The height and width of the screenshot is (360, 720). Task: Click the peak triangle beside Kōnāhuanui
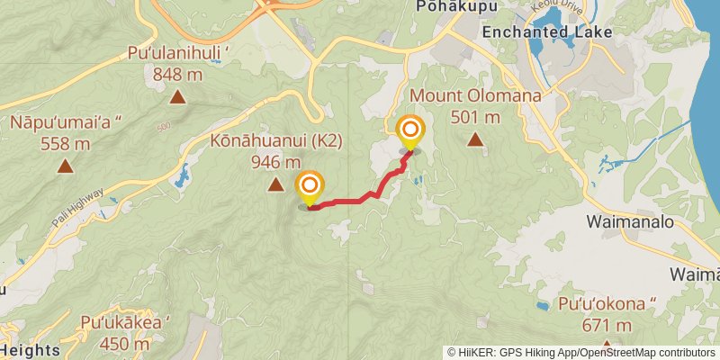click(275, 185)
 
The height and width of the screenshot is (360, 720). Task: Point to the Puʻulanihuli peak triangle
click(178, 97)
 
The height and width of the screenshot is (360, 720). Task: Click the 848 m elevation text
click(178, 75)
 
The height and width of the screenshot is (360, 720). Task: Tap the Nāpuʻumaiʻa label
click(66, 121)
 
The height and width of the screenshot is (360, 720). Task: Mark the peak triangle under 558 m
click(66, 166)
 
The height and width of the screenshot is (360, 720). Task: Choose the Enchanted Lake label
click(547, 31)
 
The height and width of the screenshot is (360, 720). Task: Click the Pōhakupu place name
click(445, 7)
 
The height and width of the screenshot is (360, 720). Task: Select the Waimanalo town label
click(630, 220)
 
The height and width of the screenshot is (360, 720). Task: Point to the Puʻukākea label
click(125, 322)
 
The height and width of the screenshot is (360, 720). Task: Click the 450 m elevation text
click(125, 343)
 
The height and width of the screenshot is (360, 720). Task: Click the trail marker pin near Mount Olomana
click(411, 132)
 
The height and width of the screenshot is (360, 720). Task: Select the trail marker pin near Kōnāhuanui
click(309, 187)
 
